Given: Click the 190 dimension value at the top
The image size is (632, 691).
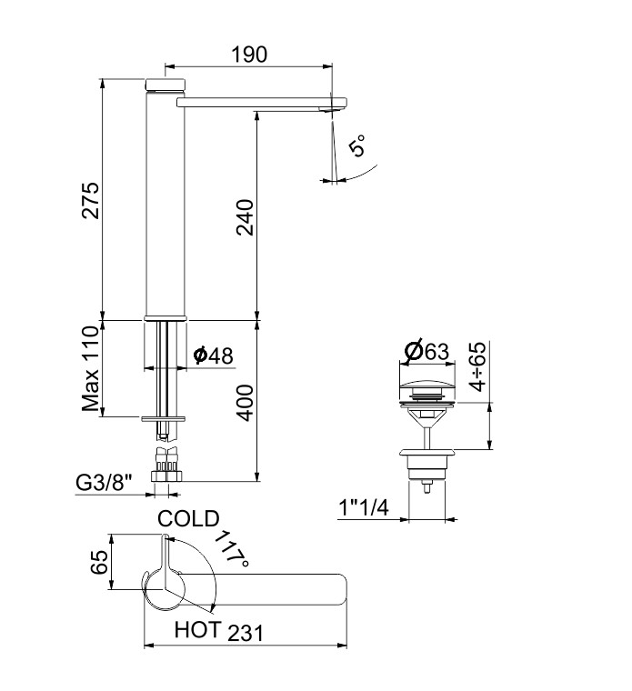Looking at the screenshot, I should click(248, 55).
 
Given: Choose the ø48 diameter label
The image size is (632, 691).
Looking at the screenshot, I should click(212, 356).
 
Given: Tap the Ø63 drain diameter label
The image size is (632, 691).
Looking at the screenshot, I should click(425, 350).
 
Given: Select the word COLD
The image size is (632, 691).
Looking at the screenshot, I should click(188, 519).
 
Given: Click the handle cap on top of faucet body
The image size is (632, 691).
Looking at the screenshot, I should click(166, 85).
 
